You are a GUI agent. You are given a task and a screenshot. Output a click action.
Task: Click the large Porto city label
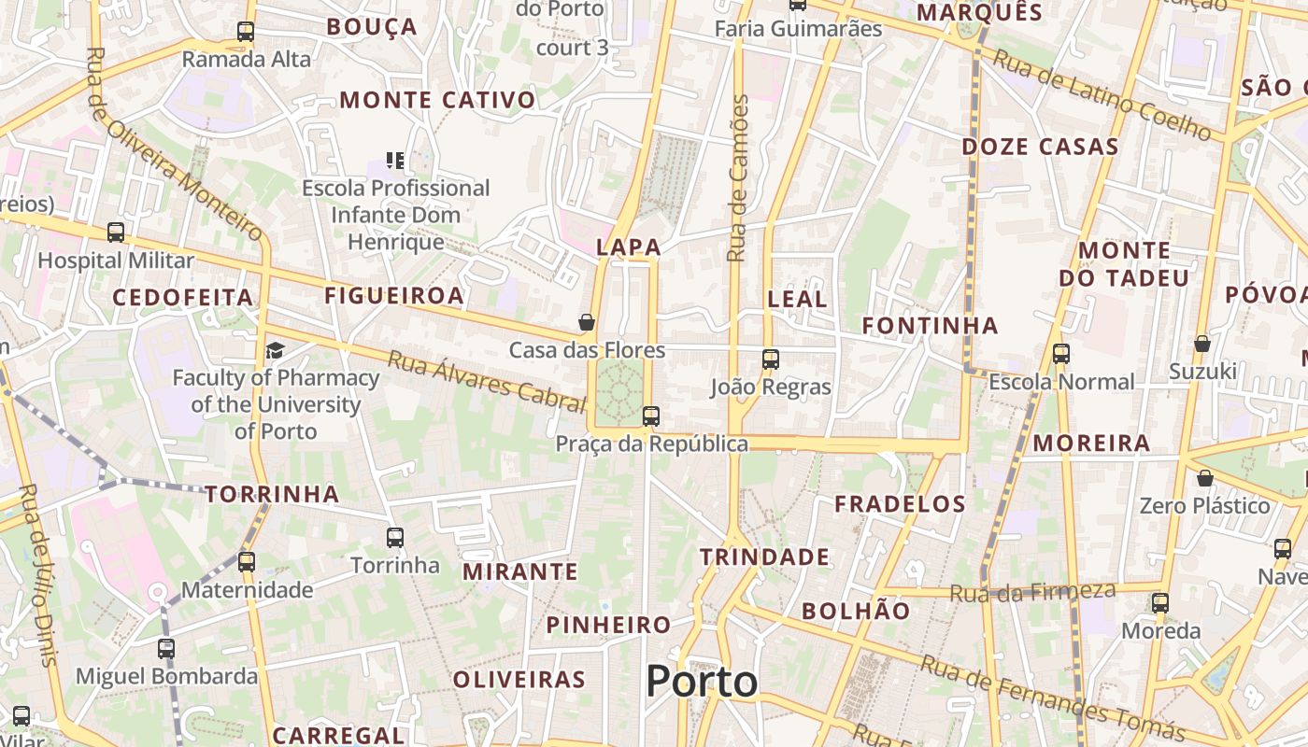702,682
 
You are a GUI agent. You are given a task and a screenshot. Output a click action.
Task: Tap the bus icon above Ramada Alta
246,32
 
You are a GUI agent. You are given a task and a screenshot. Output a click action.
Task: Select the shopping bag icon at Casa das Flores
587,322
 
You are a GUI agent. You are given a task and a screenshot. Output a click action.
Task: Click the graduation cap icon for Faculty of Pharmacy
275,350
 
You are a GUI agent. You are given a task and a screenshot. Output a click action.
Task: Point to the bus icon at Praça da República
651,416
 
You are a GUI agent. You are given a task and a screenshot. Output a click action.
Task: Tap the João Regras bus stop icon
771,359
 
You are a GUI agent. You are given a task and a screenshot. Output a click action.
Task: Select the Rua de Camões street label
739,177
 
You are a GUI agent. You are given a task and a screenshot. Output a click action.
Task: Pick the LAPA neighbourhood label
629,247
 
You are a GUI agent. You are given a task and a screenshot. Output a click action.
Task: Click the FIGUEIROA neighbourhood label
394,296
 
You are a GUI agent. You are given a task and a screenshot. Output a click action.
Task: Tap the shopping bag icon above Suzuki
1202,344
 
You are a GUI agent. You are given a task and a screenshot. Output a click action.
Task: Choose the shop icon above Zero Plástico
1205,478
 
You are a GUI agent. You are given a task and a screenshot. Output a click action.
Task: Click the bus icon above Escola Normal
1061,354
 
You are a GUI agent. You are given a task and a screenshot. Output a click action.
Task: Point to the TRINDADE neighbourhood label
764,557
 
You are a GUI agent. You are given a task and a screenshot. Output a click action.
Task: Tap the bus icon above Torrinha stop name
395,538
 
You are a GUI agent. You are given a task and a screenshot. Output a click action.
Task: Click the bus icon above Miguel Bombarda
166,648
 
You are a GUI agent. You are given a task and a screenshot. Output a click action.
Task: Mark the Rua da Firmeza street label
1032,592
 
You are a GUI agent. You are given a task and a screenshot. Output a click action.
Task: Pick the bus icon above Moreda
1160,603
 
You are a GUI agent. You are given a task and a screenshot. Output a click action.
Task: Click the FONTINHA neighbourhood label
930,326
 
